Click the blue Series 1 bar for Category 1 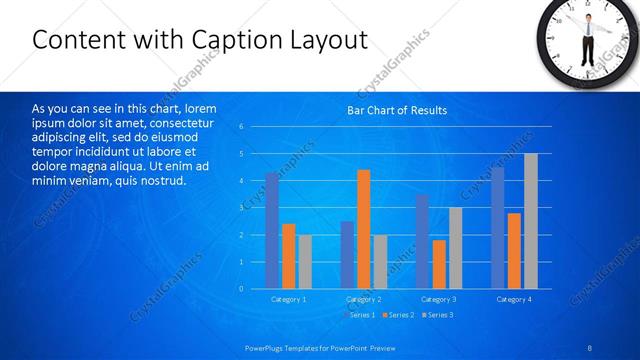click(272, 231)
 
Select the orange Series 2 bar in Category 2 click(363, 229)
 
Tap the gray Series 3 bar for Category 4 click(531, 221)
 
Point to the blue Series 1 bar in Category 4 click(498, 228)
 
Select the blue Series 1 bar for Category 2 click(347, 255)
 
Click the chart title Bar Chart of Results click(397, 110)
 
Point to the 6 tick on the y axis click(241, 127)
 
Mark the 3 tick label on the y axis click(241, 208)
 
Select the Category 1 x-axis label click(289, 299)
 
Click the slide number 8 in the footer click(588, 346)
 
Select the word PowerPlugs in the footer click(267, 346)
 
